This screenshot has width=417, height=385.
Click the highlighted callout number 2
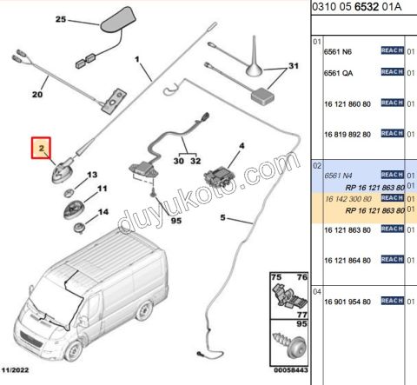(x=42, y=148)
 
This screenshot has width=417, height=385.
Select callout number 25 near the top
(x=61, y=19)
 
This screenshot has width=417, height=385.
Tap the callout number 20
(x=37, y=94)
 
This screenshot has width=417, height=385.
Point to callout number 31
(x=294, y=66)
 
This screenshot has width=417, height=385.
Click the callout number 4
(x=242, y=146)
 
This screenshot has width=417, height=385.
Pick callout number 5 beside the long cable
(x=222, y=217)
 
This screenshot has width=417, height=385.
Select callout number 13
(x=92, y=175)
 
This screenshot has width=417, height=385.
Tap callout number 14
(x=103, y=212)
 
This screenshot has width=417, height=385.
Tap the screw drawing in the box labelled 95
(x=289, y=346)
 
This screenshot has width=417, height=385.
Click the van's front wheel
(x=72, y=350)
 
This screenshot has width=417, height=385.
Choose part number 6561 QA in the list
(x=338, y=73)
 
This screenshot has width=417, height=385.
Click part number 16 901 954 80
(x=347, y=302)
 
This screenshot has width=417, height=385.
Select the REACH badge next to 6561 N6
(x=393, y=50)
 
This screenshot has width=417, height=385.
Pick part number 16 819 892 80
(x=347, y=135)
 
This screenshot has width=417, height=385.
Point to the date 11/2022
(x=15, y=370)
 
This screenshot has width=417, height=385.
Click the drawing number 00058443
(x=291, y=370)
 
